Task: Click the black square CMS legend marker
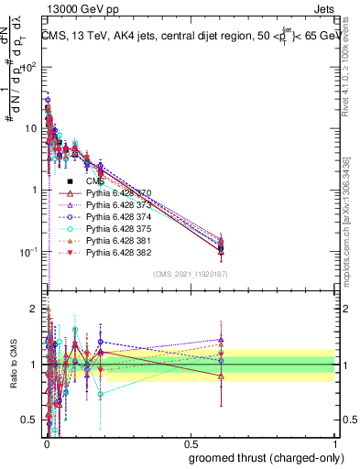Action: (70, 182)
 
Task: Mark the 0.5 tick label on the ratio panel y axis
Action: (31, 420)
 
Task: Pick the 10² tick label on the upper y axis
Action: (30, 67)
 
